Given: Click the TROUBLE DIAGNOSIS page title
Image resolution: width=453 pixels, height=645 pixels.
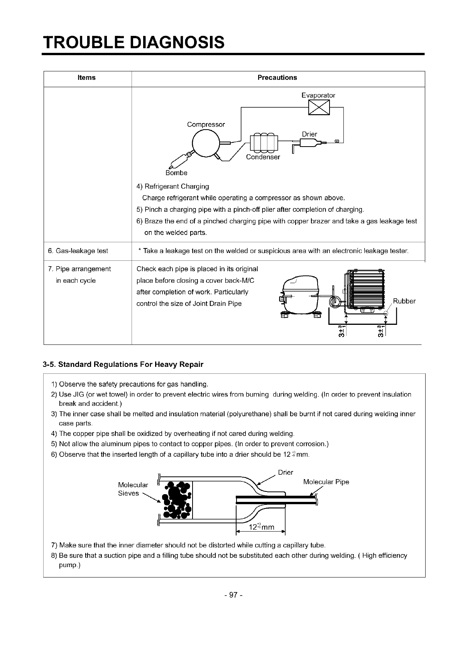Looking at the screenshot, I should click(x=134, y=42).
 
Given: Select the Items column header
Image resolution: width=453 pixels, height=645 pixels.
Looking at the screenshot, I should click(x=86, y=78).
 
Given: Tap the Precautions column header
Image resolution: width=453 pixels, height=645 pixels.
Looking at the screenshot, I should click(x=277, y=78).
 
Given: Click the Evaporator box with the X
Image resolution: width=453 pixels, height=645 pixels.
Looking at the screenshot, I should click(x=319, y=107).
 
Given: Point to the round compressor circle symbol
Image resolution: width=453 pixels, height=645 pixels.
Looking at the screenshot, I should click(x=206, y=143).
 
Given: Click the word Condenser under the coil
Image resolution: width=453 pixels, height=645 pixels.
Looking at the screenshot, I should click(x=263, y=157).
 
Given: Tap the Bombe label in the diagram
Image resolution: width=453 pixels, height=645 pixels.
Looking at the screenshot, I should click(x=176, y=173).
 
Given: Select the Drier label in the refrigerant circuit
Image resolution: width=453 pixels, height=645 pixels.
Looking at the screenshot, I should click(x=309, y=134).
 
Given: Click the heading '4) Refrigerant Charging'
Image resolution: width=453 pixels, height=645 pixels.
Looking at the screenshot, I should click(x=173, y=186).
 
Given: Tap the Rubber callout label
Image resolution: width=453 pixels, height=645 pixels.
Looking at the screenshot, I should click(x=404, y=301).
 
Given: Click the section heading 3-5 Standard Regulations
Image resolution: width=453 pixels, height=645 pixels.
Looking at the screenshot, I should click(x=123, y=364).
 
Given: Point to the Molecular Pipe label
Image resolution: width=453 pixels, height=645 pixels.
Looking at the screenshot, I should click(x=326, y=482).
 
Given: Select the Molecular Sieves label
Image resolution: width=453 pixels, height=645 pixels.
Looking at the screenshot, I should click(x=133, y=489).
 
